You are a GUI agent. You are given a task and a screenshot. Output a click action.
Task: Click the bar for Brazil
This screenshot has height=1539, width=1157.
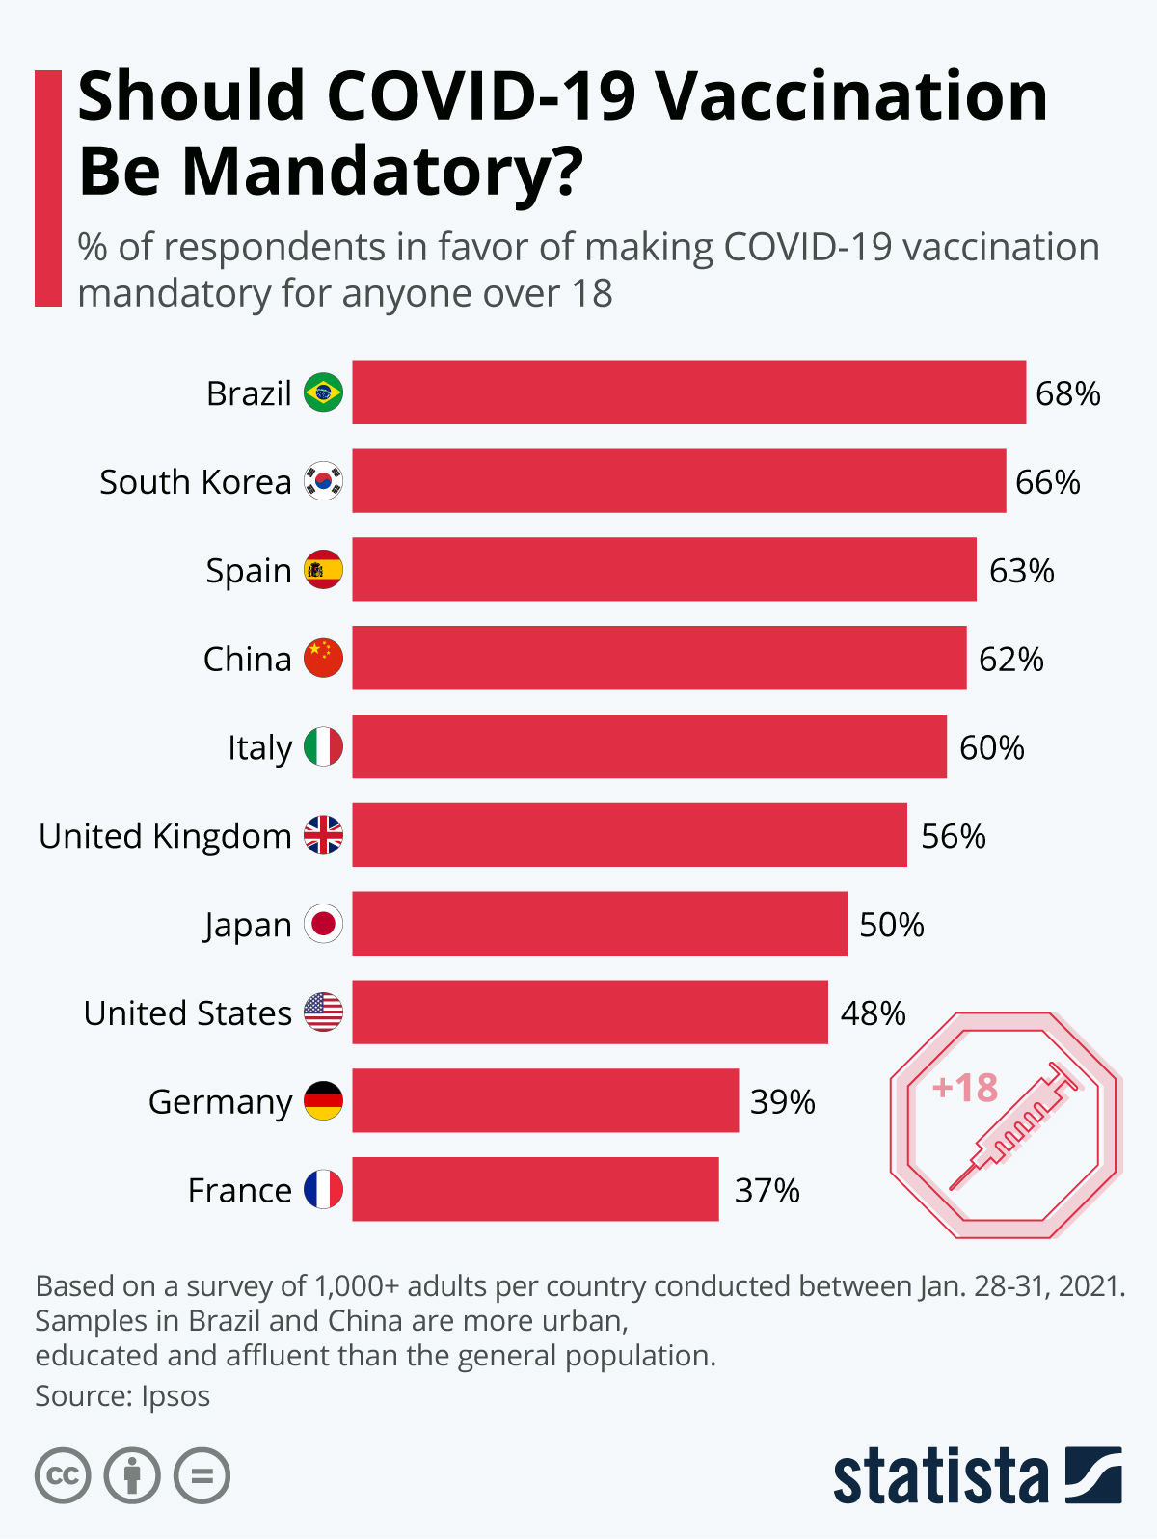(688, 392)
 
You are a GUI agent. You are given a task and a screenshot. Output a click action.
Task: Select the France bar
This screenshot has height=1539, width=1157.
(535, 1189)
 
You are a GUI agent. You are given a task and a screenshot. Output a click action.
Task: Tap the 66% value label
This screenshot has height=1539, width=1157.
(1048, 481)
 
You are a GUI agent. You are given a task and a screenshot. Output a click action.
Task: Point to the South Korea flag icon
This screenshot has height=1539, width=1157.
(323, 481)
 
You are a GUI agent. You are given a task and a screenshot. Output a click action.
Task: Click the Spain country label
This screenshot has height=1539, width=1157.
(249, 570)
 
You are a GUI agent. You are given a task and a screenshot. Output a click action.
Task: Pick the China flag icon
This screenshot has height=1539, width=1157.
(323, 659)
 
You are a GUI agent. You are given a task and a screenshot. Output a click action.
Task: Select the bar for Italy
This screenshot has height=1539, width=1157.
(649, 746)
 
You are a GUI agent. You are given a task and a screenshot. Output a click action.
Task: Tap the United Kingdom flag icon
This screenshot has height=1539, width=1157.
(323, 835)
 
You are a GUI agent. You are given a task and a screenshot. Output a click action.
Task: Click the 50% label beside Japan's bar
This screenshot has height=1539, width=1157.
(892, 925)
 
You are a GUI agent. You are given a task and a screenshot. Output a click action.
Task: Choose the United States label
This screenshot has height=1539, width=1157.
(188, 1013)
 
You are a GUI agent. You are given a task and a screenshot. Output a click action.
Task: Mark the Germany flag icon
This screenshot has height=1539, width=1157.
(323, 1101)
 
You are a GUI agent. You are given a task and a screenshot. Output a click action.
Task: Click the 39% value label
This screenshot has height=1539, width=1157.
(783, 1101)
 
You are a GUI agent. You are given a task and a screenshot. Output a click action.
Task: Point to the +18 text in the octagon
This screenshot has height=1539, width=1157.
(965, 1088)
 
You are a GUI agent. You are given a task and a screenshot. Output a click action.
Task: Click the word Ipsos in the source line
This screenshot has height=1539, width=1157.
(175, 1395)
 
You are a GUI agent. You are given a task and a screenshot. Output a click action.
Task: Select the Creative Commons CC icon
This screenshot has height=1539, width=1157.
(63, 1475)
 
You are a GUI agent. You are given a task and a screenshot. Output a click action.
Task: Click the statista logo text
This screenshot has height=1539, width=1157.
(940, 1475)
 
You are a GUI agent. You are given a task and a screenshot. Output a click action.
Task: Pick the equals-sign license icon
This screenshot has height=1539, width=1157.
(202, 1475)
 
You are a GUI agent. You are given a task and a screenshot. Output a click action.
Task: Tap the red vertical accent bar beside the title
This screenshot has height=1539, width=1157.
(48, 188)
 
